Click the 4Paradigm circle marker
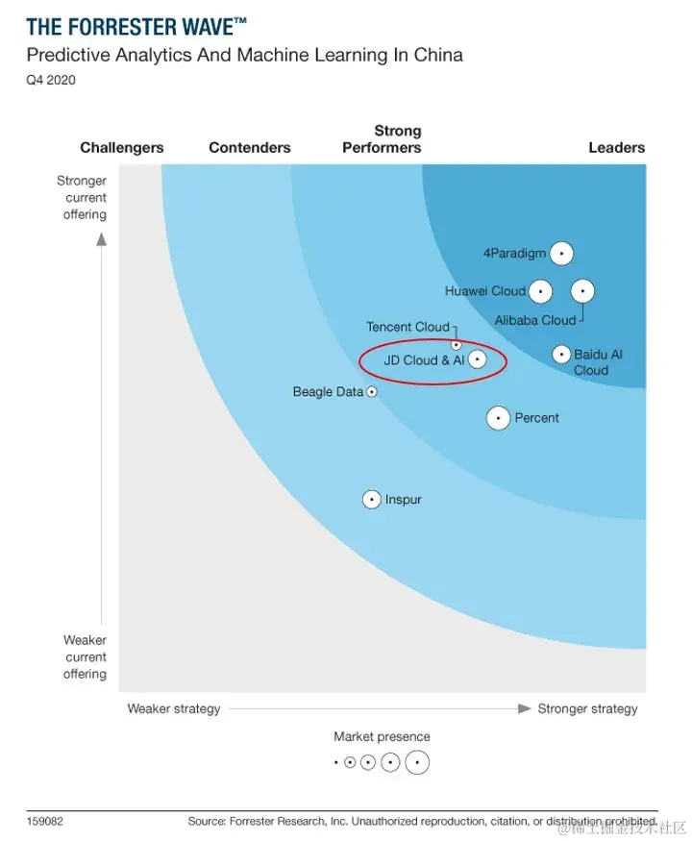coord(561,253)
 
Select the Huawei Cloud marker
coord(540,290)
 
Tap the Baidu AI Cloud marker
coord(561,355)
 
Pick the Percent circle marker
coord(498,418)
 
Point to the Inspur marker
coord(372,500)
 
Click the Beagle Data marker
coord(372,392)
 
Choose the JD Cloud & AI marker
coord(476,360)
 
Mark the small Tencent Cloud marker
coord(457,344)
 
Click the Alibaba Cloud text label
coord(535,320)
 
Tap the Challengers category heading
coord(122,148)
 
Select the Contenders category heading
coord(249,148)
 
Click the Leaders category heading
coord(616,148)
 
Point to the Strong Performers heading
coord(383,139)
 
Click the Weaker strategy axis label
coord(174,708)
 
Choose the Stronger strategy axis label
coord(587,708)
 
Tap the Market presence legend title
coord(382,737)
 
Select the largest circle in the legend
coord(417,763)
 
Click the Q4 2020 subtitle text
coord(51,80)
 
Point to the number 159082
coord(45,822)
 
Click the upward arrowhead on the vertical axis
coord(101,239)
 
